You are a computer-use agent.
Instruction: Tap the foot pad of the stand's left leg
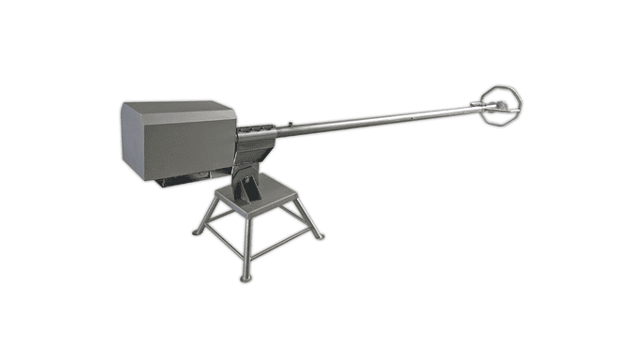point(197,232)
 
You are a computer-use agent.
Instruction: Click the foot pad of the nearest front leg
point(245,277)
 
